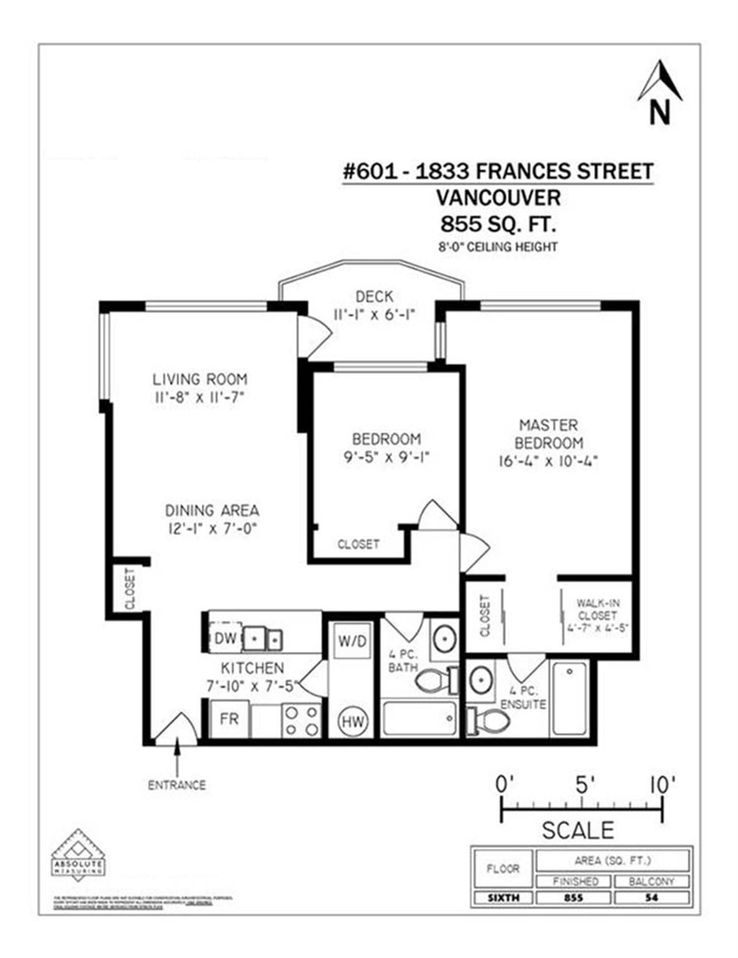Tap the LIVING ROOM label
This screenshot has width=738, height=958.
pos(200,379)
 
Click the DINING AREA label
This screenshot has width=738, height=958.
pos(212,510)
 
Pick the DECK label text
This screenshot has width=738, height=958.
pos(374,297)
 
